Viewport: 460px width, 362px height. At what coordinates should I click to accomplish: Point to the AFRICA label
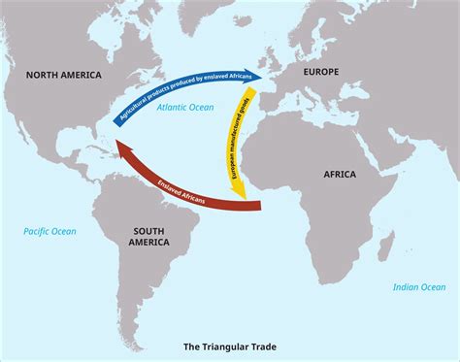pyautogui.click(x=336, y=174)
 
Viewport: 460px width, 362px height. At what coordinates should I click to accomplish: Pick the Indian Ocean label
pyautogui.click(x=419, y=286)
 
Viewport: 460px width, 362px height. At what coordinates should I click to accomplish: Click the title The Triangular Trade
pyautogui.click(x=230, y=345)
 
